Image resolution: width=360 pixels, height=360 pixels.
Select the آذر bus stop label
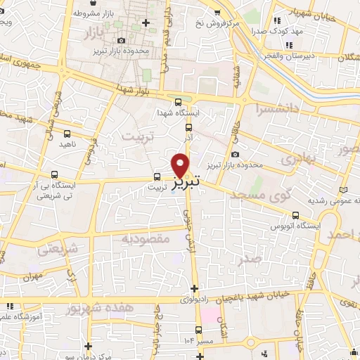pos(188,139)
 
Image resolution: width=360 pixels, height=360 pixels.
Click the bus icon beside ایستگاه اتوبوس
pos(295,215)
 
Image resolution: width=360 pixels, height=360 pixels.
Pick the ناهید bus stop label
pos(67,143)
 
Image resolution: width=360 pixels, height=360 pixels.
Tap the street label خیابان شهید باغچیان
pos(250,297)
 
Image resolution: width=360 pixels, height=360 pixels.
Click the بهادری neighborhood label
pos(299,160)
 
